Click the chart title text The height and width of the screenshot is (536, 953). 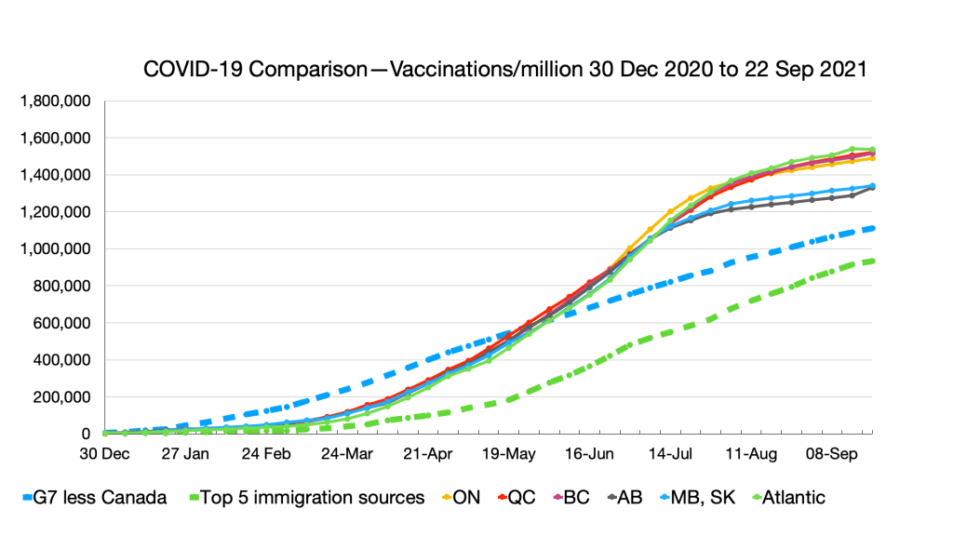505,70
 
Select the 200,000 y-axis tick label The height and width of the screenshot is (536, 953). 64,397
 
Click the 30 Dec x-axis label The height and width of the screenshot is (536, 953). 104,456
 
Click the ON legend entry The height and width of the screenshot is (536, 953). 466,497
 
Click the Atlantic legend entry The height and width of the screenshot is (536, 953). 793,497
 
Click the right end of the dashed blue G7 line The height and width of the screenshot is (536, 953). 873,228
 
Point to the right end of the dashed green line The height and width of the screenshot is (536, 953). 873,261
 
